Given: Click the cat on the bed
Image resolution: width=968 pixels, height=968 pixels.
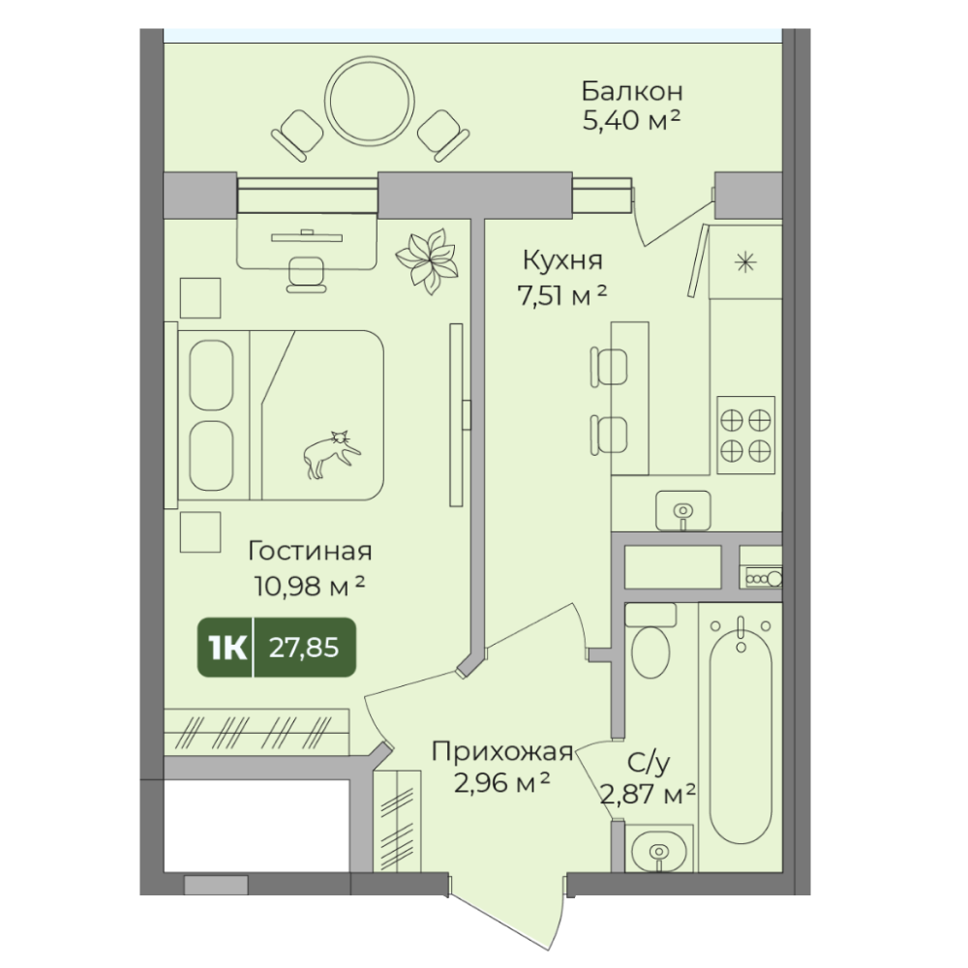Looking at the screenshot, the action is [x=330, y=455].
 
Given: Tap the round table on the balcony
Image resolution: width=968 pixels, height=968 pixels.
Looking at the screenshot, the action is [x=370, y=101].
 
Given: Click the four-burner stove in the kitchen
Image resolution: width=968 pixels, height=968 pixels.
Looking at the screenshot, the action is [x=745, y=436].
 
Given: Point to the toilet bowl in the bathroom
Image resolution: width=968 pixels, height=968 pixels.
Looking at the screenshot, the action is [x=650, y=642].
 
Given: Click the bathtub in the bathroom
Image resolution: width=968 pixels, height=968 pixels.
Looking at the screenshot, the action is [x=741, y=730].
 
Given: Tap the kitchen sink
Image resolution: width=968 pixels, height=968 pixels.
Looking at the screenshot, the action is [x=682, y=510].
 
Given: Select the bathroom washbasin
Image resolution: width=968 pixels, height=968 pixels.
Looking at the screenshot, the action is [x=658, y=848].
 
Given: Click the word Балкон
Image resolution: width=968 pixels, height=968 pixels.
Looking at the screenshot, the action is [x=632, y=91].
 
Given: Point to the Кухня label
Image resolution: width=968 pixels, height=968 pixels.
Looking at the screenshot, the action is [x=562, y=260].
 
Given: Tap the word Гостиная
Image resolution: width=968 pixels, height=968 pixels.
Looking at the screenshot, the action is [x=310, y=551].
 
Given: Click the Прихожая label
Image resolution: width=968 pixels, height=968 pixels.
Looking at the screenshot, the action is [x=502, y=752].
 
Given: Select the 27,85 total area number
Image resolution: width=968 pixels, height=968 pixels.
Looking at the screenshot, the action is [x=304, y=648].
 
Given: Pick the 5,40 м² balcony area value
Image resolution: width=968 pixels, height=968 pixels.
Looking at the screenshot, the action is [x=631, y=120].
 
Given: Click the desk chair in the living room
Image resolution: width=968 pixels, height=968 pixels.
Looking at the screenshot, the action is [x=306, y=274].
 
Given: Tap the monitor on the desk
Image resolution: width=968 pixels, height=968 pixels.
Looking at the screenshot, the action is [x=306, y=236].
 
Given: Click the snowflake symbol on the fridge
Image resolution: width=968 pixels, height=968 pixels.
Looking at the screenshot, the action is [x=745, y=263].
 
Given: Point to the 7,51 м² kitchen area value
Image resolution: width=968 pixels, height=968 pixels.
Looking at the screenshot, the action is [x=561, y=296].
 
